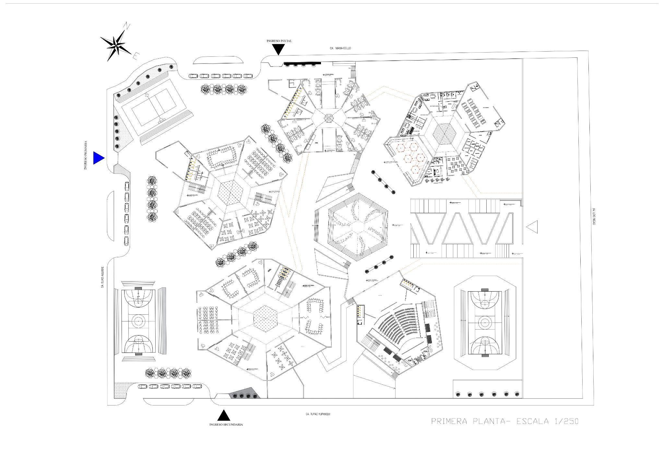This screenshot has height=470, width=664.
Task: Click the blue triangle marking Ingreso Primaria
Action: [98, 158]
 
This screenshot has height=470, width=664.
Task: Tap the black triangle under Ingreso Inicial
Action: [278, 49]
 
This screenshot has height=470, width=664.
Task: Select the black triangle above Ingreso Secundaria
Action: [223, 416]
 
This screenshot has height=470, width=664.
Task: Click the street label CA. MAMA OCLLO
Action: [340, 48]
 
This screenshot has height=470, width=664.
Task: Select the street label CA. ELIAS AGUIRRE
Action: [102, 277]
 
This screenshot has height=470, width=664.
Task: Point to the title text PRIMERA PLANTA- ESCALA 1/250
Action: [505, 421]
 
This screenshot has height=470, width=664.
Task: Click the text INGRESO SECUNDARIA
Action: [226, 425]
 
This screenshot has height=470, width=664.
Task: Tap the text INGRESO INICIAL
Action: [279, 41]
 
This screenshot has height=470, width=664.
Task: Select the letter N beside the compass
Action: [128, 25]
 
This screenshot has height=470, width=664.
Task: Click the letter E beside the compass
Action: [136, 56]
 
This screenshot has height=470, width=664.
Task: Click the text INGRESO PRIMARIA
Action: [86, 155]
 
